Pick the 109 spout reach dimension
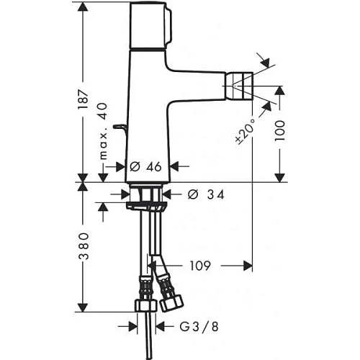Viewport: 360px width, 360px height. [201, 265]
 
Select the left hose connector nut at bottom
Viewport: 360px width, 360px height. [144, 304]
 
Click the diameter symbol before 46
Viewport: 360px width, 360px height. [134, 166]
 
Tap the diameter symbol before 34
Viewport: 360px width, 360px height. [192, 194]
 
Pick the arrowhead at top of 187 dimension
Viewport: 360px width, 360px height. [85, 7]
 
